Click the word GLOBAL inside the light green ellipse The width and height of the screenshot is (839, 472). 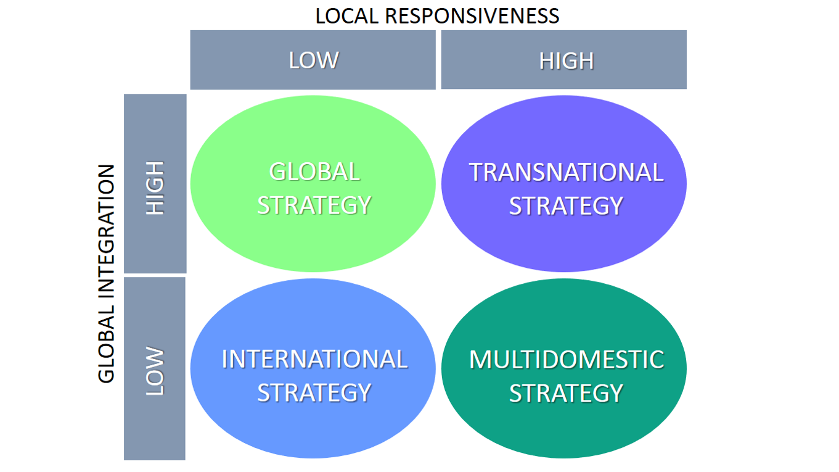point(314,172)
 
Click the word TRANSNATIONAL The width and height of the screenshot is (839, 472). point(566,172)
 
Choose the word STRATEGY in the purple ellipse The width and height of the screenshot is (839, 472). point(566,206)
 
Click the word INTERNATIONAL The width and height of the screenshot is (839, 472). point(314,359)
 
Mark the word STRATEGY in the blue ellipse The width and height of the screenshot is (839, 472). point(314,393)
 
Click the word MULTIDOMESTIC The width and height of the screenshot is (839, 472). point(566,359)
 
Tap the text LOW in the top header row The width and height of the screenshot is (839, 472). point(314,60)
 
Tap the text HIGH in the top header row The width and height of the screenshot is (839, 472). point(566,61)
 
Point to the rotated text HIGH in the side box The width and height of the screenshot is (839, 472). point(155,188)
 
